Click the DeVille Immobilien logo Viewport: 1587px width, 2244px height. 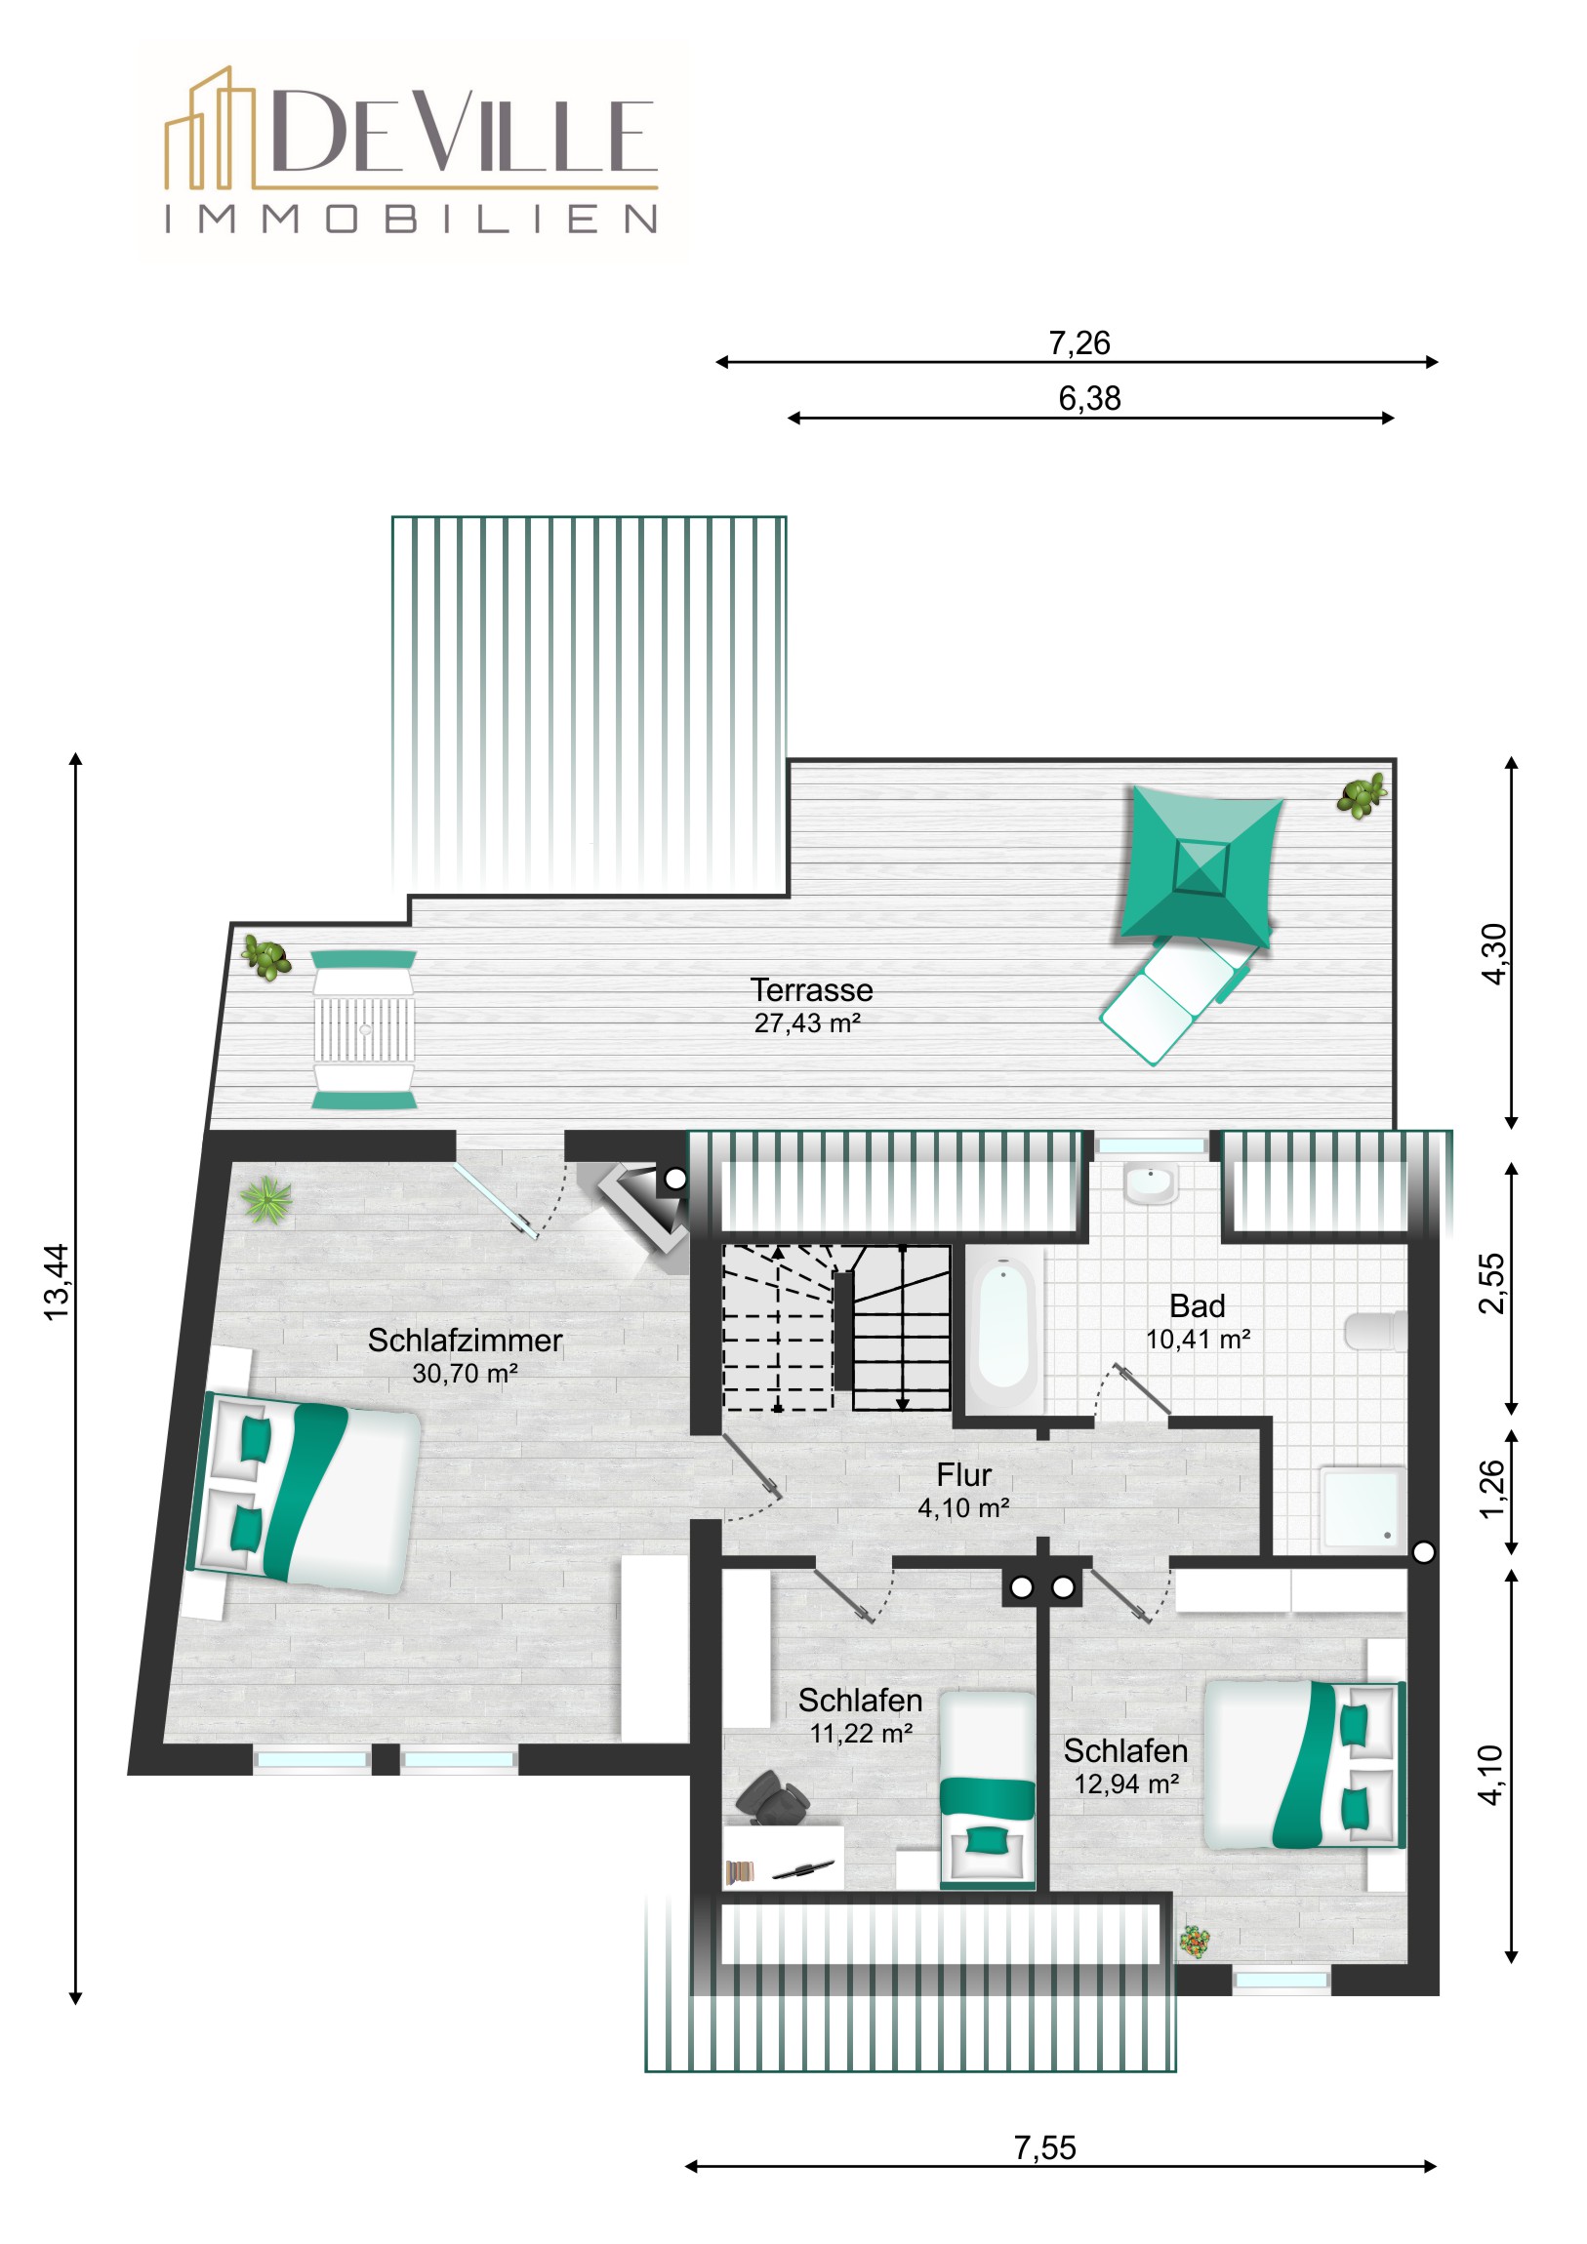click(412, 150)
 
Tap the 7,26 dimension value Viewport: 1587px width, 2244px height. click(1078, 343)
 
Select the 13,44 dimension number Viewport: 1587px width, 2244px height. click(57, 1281)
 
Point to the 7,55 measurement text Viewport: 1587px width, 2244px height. click(1044, 2147)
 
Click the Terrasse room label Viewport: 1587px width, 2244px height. click(811, 990)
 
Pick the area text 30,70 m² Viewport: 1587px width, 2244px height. click(465, 1373)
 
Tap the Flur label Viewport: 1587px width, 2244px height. click(963, 1474)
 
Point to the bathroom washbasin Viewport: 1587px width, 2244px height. click(1151, 1182)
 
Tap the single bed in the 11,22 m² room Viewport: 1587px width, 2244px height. click(987, 1789)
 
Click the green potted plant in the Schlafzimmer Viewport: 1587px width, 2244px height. click(266, 1199)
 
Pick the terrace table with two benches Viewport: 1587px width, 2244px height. click(364, 1029)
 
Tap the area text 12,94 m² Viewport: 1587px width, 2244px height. click(1126, 1783)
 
